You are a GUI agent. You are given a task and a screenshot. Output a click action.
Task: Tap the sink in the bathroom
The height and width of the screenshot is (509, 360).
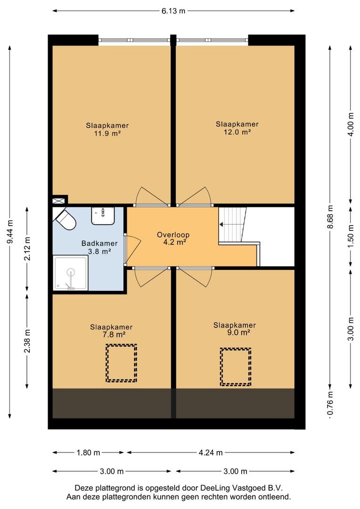click(103, 216)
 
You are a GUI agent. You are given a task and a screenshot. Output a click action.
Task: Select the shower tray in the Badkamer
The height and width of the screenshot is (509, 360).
click(70, 273)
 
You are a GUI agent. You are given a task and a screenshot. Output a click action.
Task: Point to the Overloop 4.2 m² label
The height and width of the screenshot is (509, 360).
click(173, 238)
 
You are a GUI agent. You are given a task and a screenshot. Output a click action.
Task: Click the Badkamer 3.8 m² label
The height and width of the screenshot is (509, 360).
click(99, 247)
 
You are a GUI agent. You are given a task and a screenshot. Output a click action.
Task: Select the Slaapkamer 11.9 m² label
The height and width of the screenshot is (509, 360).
click(107, 129)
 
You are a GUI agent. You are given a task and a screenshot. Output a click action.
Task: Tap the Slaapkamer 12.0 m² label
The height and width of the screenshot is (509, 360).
click(237, 128)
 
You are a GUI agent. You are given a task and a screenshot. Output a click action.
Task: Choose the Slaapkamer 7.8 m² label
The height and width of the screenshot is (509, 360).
click(111, 331)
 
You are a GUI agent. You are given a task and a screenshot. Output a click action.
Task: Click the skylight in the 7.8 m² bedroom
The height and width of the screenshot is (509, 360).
click(121, 363)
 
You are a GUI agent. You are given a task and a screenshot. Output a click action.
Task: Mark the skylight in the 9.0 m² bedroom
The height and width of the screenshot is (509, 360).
click(236, 367)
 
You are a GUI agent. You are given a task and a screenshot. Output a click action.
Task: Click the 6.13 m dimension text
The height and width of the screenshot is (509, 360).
click(173, 11)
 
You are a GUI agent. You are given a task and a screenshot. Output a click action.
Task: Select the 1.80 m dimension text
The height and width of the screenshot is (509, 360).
click(88, 452)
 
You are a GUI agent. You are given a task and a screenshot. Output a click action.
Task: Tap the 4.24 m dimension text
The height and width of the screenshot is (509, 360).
click(211, 452)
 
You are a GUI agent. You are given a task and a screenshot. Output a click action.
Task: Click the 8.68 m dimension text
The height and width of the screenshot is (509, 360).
click(330, 217)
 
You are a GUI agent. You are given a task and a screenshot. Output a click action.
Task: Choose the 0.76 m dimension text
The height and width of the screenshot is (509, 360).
click(330, 403)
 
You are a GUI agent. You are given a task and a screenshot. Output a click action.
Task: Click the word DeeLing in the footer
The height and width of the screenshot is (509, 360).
click(215, 488)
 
